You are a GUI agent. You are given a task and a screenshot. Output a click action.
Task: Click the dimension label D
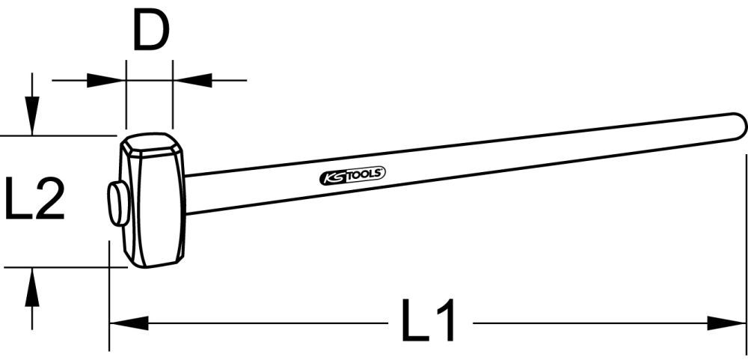(150, 32)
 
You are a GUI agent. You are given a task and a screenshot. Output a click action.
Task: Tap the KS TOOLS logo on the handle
(352, 175)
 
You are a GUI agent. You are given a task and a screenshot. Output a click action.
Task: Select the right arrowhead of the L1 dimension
(730, 323)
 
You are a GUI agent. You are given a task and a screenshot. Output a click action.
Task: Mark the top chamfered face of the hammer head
(152, 142)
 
